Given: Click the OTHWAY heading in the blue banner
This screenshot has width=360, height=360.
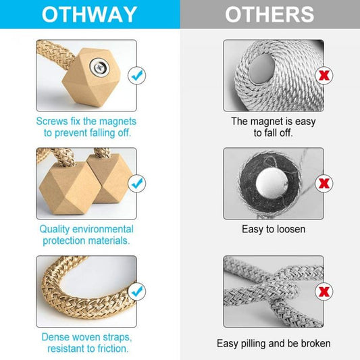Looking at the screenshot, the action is click(x=90, y=14).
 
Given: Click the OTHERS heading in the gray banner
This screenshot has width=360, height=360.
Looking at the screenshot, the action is click(x=269, y=14).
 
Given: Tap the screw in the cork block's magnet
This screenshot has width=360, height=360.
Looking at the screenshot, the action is click(x=100, y=67).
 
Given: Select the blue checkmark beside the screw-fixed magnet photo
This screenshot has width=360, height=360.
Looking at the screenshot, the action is click(x=137, y=75).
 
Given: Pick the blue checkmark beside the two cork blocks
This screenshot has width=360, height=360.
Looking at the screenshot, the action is click(x=137, y=183).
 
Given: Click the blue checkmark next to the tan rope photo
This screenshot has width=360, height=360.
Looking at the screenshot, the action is click(x=137, y=291).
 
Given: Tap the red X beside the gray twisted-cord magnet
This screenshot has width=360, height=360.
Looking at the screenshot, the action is click(x=324, y=75).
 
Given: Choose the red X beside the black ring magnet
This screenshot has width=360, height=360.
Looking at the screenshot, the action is click(x=324, y=183).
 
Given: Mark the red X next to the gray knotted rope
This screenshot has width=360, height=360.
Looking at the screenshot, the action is click(x=324, y=291).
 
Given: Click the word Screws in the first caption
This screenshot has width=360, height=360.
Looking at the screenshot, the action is click(x=52, y=121).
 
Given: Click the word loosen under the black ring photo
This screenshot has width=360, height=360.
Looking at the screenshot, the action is click(x=291, y=229).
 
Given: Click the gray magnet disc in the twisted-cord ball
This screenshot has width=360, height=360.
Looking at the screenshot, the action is click(x=262, y=69).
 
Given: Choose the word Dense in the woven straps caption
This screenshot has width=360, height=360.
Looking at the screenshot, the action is click(x=55, y=337).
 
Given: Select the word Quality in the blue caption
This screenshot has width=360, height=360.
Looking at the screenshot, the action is click(x=55, y=230).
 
